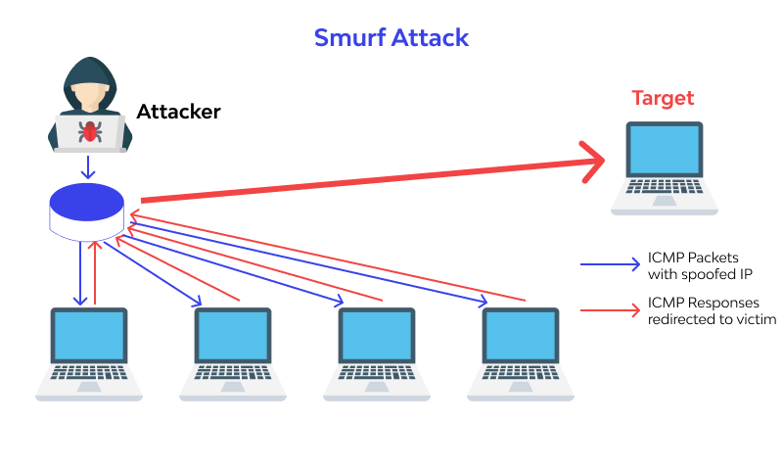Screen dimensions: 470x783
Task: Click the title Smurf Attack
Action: point(391,38)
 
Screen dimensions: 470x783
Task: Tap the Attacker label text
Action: point(178,112)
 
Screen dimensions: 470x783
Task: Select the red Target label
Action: point(663,98)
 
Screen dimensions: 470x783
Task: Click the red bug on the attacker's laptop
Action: point(89,129)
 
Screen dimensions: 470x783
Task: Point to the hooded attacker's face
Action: point(88,93)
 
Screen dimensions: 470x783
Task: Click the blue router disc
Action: point(87,205)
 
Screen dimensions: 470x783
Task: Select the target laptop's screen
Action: point(665,151)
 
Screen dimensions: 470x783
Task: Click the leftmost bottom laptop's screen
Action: point(89,337)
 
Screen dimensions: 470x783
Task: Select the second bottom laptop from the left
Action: point(233,352)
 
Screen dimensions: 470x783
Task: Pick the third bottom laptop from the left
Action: point(376,352)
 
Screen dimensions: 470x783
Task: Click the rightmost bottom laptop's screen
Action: point(521,337)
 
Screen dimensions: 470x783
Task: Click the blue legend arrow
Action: point(609,264)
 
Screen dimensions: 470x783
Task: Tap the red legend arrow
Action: point(609,310)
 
